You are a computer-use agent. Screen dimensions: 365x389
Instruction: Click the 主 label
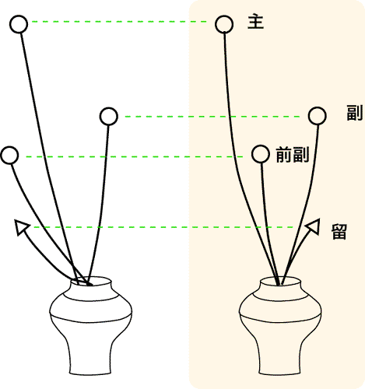point(255,22)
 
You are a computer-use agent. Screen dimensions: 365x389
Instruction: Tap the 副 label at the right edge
point(355,113)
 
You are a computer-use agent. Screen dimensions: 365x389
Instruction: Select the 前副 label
point(293,155)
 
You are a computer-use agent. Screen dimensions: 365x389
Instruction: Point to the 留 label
point(339,232)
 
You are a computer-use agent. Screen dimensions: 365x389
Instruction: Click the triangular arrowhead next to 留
point(313,226)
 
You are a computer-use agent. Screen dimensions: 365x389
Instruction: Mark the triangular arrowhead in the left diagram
point(21,227)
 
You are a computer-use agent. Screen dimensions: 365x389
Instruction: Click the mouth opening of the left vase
point(91,281)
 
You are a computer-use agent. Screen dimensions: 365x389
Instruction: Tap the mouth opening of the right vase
point(280,281)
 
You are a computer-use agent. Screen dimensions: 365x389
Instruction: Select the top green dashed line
point(119,22)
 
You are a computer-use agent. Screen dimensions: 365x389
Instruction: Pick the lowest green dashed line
point(163,227)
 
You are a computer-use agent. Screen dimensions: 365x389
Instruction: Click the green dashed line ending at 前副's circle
point(135,156)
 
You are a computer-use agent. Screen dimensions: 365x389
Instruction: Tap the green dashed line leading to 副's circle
point(212,117)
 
